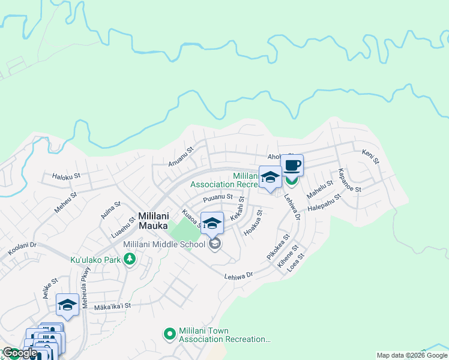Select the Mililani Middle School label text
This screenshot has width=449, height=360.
pyautogui.click(x=164, y=244)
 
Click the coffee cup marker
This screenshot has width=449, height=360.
pyautogui.click(x=292, y=166)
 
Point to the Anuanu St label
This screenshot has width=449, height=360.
pyautogui.click(x=182, y=156)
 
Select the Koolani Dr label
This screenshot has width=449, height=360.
pyautogui.click(x=22, y=250)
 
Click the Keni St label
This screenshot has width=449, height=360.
pyautogui.click(x=371, y=157)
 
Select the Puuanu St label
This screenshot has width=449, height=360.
pyautogui.click(x=217, y=197)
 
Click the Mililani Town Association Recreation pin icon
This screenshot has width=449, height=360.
pyautogui.click(x=169, y=333)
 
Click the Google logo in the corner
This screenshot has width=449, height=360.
pyautogui.click(x=20, y=353)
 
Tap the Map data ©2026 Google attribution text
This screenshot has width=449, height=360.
pyautogui.click(x=412, y=355)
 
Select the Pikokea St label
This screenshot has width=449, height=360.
pyautogui.click(x=278, y=247)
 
